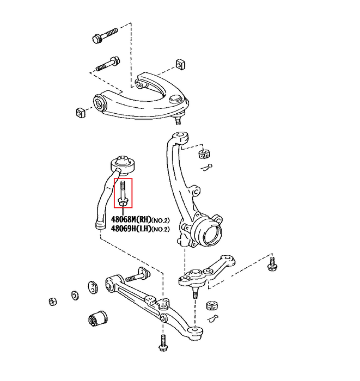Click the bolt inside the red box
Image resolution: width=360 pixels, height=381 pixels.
coord(123,193)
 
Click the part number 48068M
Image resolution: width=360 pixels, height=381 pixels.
coord(123,219)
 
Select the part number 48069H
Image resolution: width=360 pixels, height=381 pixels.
coord(123,229)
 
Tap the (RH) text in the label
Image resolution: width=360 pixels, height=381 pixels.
coord(143,219)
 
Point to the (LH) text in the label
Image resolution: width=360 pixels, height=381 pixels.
coord(143,229)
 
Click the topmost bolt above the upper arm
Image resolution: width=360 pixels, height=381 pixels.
coord(105,35)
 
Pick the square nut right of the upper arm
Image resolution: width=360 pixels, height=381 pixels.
coord(180,64)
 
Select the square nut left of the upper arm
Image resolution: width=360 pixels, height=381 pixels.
coord(80,113)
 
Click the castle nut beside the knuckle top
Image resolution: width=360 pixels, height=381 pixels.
coord(204,154)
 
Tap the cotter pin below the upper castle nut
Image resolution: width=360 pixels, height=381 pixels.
coord(207,168)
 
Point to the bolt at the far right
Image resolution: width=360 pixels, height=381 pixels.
coord(272,264)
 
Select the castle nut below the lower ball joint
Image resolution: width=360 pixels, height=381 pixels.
coord(212,306)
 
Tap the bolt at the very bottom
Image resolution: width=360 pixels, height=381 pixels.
coord(163,342)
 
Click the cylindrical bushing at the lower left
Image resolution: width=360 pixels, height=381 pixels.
coord(97,318)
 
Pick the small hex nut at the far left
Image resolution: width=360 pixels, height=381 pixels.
coord(52,302)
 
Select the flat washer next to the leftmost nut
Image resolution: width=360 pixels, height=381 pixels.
coord(75,295)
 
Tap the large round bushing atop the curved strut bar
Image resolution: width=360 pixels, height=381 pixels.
coord(123,165)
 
